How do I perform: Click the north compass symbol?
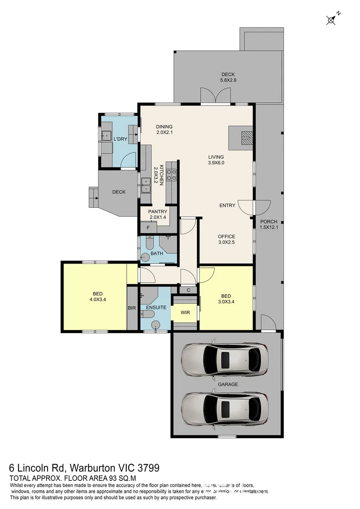click(331, 19)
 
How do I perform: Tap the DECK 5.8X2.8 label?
click(228, 78)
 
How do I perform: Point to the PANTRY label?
click(157, 214)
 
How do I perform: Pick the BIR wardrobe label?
click(132, 308)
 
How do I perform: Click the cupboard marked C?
click(188, 290)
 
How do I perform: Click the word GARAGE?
click(228, 384)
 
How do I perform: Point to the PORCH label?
click(269, 224)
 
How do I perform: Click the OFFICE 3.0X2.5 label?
click(226, 239)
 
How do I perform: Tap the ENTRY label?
click(227, 205)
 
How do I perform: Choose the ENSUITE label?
click(156, 307)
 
